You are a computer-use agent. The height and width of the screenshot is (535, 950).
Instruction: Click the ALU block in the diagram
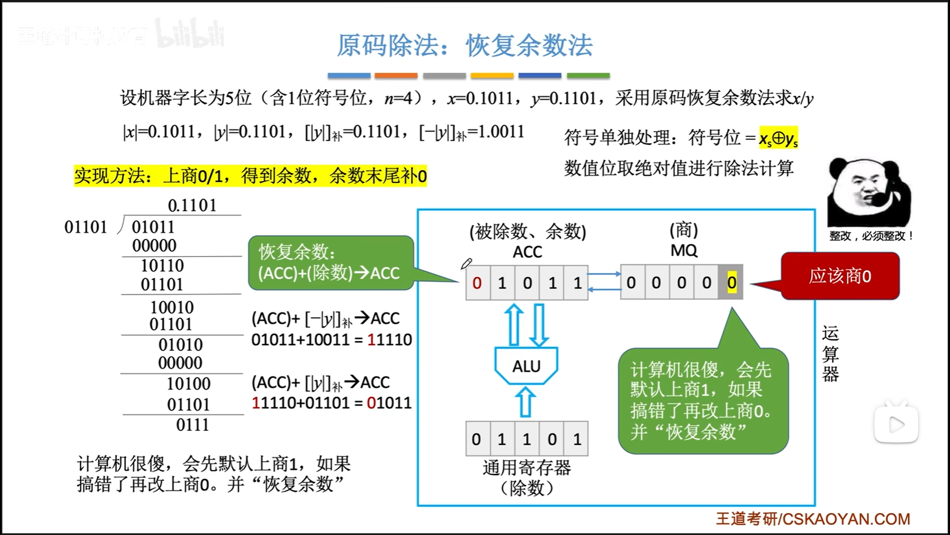tap(526, 366)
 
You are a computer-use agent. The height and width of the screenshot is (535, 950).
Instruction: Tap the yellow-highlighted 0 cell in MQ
tap(732, 282)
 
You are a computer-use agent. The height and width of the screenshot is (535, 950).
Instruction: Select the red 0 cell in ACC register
tap(477, 283)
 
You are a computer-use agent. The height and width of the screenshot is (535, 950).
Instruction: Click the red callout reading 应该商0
tap(840, 276)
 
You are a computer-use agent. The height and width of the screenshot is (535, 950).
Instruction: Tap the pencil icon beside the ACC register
tap(466, 264)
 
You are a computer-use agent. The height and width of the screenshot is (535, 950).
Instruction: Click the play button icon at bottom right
tap(896, 424)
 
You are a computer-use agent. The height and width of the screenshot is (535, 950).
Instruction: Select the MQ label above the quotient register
tap(684, 251)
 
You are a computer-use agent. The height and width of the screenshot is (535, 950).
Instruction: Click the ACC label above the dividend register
tap(527, 252)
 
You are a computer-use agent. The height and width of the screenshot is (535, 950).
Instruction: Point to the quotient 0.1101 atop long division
tap(192, 205)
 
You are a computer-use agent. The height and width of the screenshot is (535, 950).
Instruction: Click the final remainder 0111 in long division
tap(192, 425)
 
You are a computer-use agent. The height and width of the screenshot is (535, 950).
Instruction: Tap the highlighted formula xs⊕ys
tap(778, 138)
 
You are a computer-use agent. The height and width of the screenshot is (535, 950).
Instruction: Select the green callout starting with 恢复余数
tap(331, 263)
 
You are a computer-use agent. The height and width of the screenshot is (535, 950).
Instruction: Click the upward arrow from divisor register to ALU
tap(525, 402)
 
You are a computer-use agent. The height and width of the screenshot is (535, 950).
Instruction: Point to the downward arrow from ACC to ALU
tap(539, 325)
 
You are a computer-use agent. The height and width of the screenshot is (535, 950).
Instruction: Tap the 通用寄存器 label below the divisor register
tap(526, 467)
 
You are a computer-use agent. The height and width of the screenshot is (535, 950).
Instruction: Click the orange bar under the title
tap(396, 76)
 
